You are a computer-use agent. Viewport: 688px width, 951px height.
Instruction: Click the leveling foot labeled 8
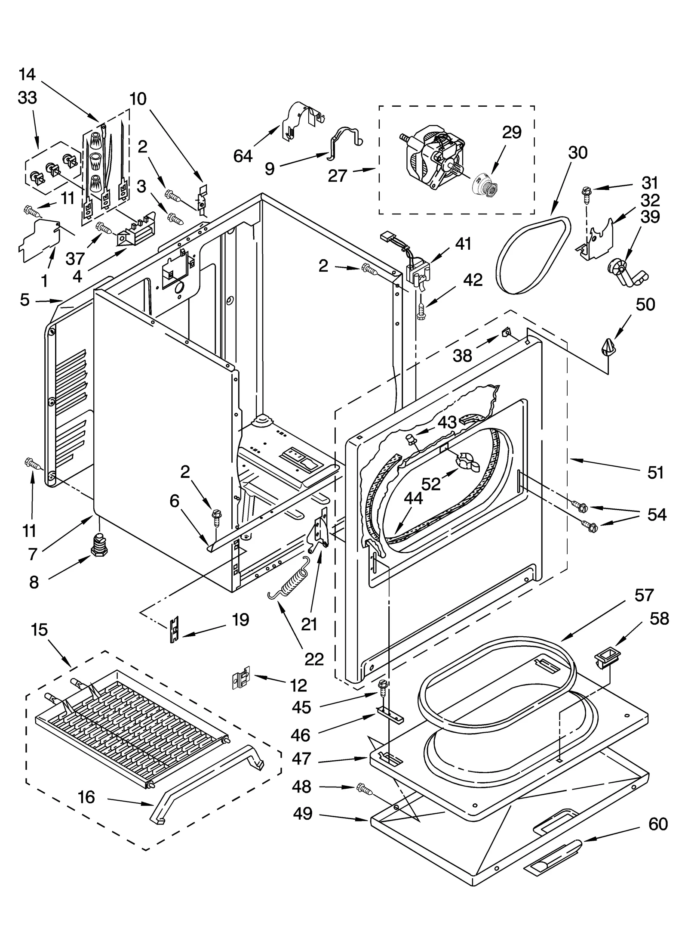[99, 545]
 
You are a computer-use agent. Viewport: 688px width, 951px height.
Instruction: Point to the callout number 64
[243, 156]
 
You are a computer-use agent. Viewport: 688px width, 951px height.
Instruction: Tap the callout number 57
[644, 595]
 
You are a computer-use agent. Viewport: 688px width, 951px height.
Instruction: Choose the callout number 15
[39, 630]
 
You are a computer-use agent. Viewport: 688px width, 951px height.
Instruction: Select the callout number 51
[655, 473]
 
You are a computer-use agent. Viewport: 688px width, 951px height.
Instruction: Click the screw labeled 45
[383, 688]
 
